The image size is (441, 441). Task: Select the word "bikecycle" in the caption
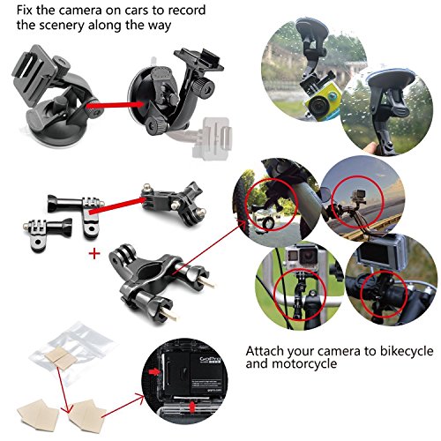[x=407, y=351]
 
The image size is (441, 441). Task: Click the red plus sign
[x=94, y=253]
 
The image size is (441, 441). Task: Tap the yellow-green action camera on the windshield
[x=322, y=100]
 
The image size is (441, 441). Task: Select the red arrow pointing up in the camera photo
[x=192, y=407]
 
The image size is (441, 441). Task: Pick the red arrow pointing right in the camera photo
[x=154, y=371]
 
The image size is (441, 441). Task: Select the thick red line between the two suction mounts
[x=116, y=105]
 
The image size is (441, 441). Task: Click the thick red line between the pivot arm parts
[x=117, y=206]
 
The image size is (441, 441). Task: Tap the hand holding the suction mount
[x=371, y=147]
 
